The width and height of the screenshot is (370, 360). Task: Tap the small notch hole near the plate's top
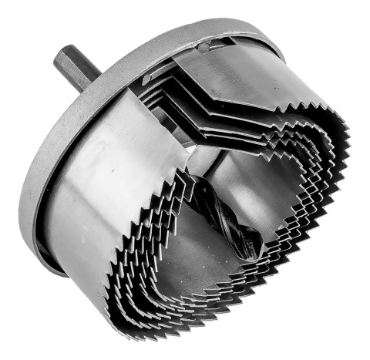pyautogui.click(x=202, y=47)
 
